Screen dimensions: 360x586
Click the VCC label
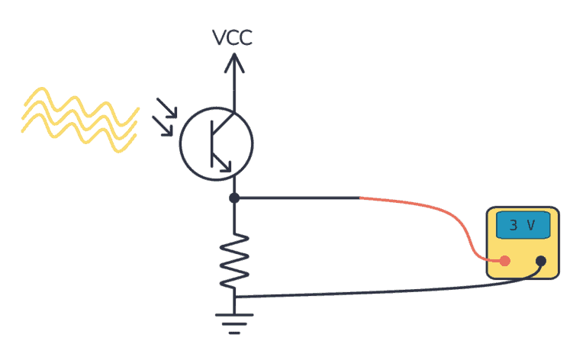233,37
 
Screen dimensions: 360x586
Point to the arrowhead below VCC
233,63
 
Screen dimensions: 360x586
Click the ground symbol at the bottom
234,323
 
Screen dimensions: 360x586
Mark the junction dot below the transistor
234,198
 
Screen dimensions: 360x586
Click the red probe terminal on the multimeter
504,261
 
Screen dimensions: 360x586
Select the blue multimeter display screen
523,225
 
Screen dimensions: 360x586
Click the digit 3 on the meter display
513,225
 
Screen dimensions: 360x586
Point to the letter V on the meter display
532,225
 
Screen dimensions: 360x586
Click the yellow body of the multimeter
523,267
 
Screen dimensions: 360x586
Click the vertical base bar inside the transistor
214,143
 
